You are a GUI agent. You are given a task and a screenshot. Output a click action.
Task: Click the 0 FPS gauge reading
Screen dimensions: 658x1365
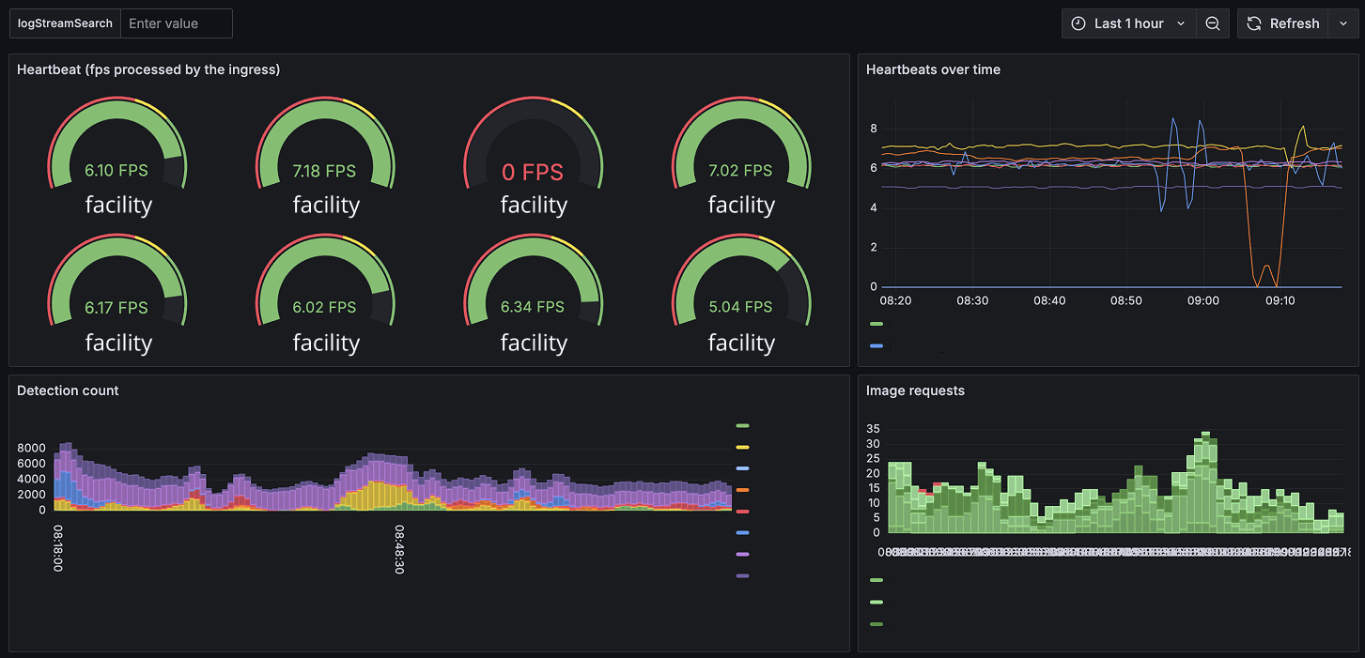[x=533, y=172]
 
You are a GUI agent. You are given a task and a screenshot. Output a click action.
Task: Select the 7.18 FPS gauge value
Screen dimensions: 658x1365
[x=324, y=171]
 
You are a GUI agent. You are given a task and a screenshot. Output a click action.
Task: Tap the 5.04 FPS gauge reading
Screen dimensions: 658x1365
[x=740, y=307]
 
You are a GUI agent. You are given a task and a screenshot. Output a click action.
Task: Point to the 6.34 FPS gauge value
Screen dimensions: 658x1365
[x=533, y=307]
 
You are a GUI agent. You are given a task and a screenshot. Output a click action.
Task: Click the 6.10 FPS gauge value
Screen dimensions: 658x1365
[x=116, y=171]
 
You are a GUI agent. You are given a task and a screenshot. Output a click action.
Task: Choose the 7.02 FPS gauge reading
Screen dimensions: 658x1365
[x=740, y=171]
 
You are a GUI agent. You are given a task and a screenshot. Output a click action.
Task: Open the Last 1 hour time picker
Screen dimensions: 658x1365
[x=1128, y=23]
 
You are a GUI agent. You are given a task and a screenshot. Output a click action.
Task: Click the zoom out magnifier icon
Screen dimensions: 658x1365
[x=1213, y=23]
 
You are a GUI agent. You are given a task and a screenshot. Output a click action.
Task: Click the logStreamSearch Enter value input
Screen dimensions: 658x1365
[x=176, y=23]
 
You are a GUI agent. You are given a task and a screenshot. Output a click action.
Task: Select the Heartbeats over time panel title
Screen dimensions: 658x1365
[x=933, y=69]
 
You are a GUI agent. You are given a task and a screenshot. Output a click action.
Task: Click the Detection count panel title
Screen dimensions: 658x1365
[x=68, y=390]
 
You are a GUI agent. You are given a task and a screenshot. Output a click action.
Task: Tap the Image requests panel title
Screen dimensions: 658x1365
[x=915, y=390]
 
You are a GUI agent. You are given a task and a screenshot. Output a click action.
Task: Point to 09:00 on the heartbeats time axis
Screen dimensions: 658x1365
[x=1203, y=300]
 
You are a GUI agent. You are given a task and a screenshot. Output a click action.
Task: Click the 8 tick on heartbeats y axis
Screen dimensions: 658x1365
[x=874, y=129]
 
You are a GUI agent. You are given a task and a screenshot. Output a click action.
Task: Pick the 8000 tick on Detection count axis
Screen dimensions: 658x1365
[x=31, y=448]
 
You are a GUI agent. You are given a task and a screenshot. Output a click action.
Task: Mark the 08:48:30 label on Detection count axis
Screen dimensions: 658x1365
[x=399, y=550]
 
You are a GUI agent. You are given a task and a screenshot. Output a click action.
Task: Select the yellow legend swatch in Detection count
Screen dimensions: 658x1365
[x=742, y=448]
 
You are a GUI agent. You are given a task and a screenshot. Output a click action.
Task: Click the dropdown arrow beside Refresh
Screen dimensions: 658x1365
[x=1341, y=23]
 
